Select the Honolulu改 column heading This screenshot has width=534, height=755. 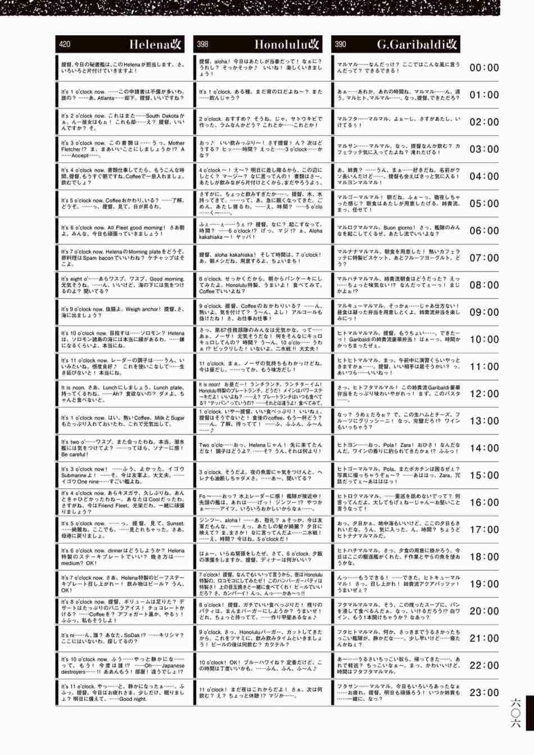[x=287, y=44]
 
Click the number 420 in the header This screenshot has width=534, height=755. [x=65, y=44]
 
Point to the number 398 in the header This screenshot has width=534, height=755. [x=203, y=44]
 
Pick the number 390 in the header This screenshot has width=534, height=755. [x=340, y=44]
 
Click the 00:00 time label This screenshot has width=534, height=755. [x=484, y=68]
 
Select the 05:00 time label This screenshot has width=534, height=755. [x=484, y=204]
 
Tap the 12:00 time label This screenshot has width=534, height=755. [x=484, y=394]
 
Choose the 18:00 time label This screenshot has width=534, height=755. [x=484, y=557]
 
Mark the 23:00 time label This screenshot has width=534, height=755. [x=484, y=693]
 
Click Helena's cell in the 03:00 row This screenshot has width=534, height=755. [x=122, y=149]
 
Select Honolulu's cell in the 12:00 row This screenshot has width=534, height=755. [x=261, y=394]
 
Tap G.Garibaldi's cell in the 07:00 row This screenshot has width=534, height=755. [x=399, y=258]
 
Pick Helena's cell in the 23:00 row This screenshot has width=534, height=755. [x=122, y=693]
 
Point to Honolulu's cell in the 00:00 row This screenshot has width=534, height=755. [x=261, y=68]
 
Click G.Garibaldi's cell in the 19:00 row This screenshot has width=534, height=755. [x=399, y=584]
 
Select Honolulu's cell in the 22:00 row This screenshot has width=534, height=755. [x=261, y=666]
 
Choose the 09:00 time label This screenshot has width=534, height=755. [x=484, y=312]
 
